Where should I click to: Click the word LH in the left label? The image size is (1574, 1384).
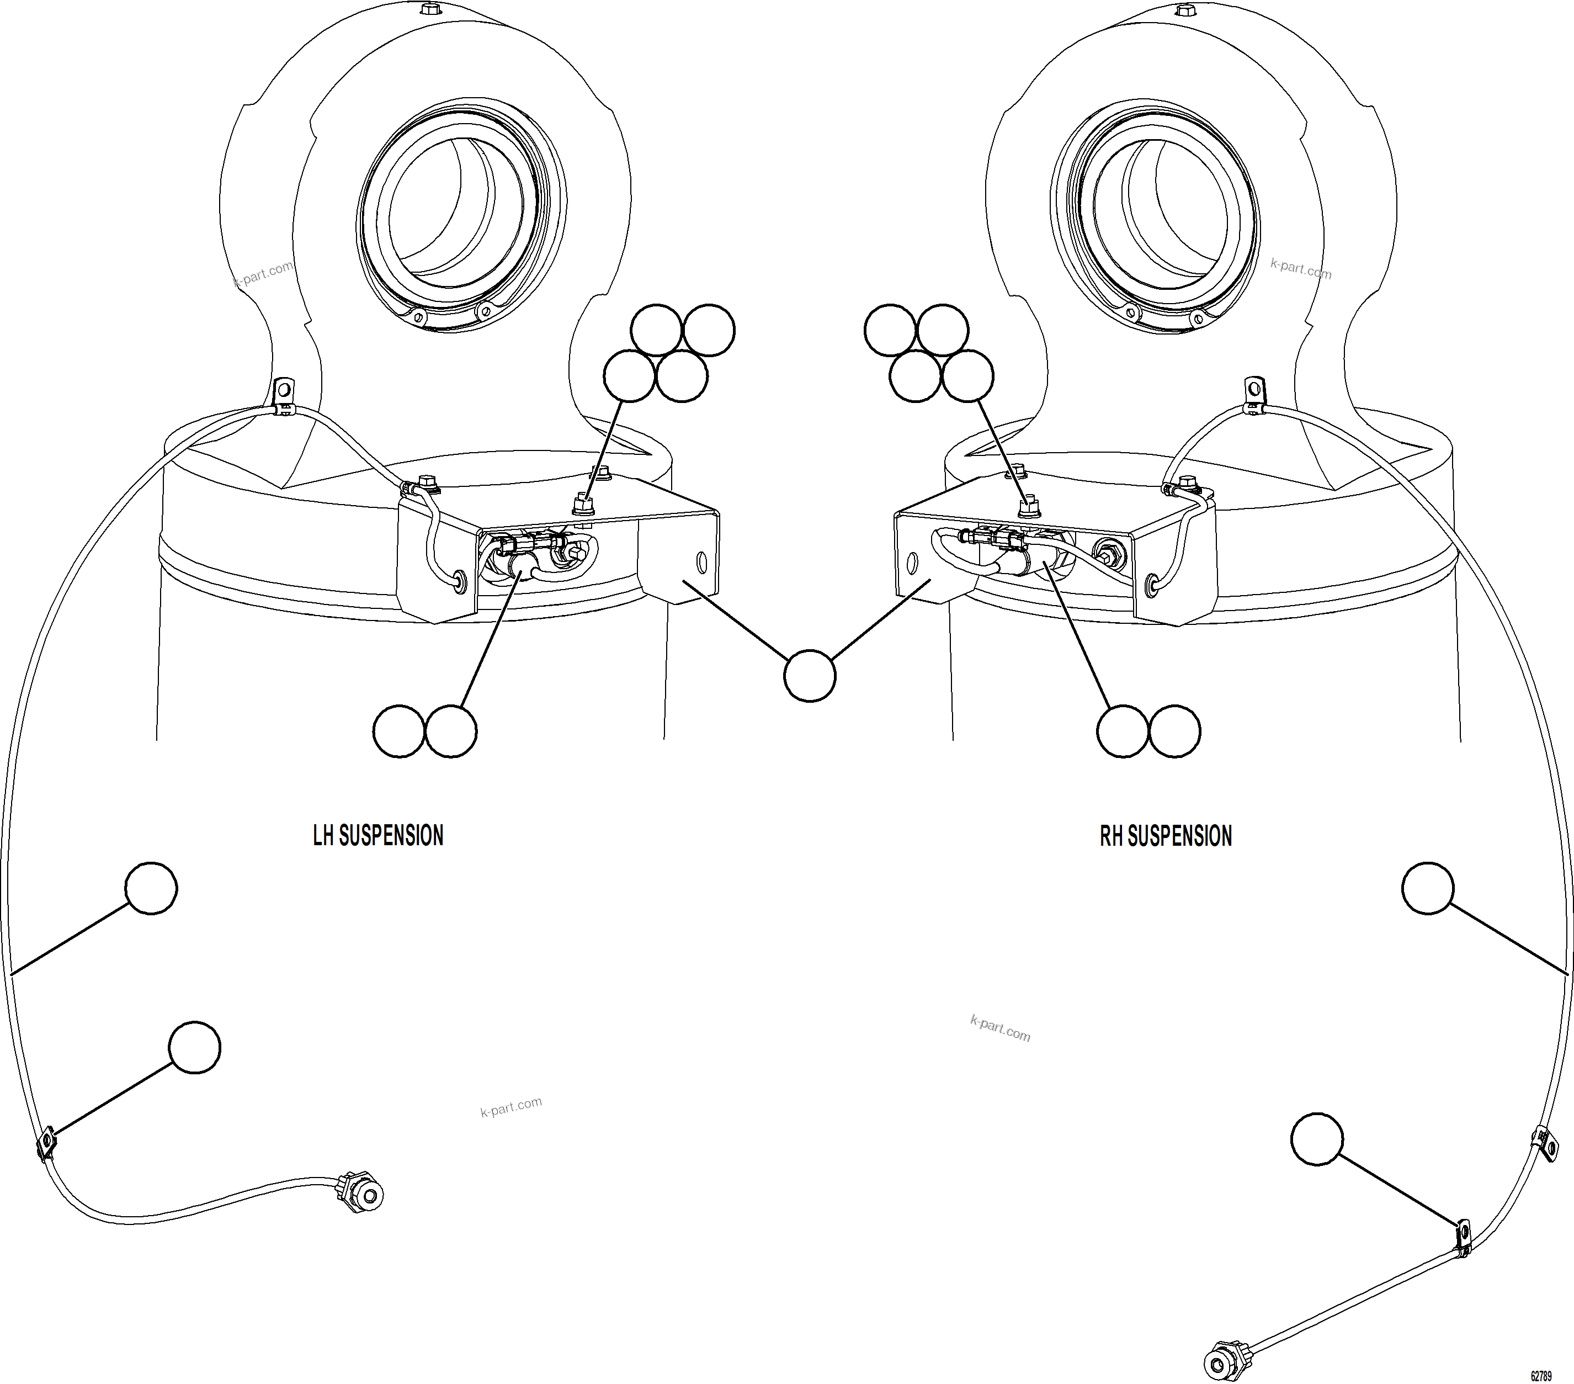pos(323,836)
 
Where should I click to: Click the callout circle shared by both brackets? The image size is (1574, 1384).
pos(809,676)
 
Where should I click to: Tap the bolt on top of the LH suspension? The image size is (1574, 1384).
pos(430,9)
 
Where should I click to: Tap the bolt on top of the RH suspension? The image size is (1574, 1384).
pos(1184,9)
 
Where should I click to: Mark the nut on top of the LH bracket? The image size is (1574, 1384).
pos(583,506)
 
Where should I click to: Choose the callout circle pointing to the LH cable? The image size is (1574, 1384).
pos(151,888)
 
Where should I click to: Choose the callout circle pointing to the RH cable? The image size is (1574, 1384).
pos(1428,888)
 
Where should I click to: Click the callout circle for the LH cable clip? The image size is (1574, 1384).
pos(194,1047)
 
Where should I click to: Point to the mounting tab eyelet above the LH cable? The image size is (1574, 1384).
pos(284,384)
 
